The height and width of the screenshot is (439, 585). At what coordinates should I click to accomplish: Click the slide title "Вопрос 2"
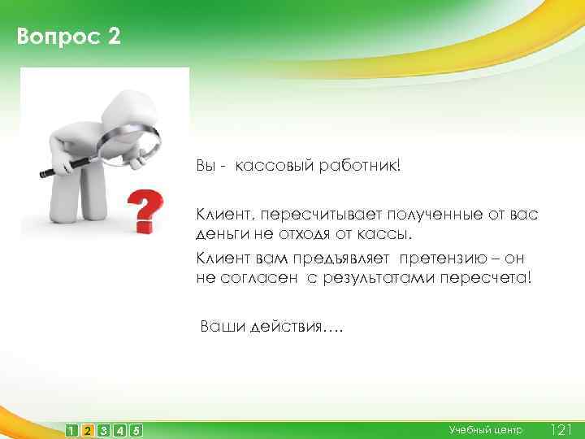pyautogui.click(x=68, y=37)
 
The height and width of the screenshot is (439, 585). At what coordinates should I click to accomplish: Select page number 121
pyautogui.click(x=562, y=428)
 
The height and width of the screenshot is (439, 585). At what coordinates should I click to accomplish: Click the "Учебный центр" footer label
pyautogui.click(x=486, y=428)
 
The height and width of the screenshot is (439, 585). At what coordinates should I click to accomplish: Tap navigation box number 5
pyautogui.click(x=136, y=429)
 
